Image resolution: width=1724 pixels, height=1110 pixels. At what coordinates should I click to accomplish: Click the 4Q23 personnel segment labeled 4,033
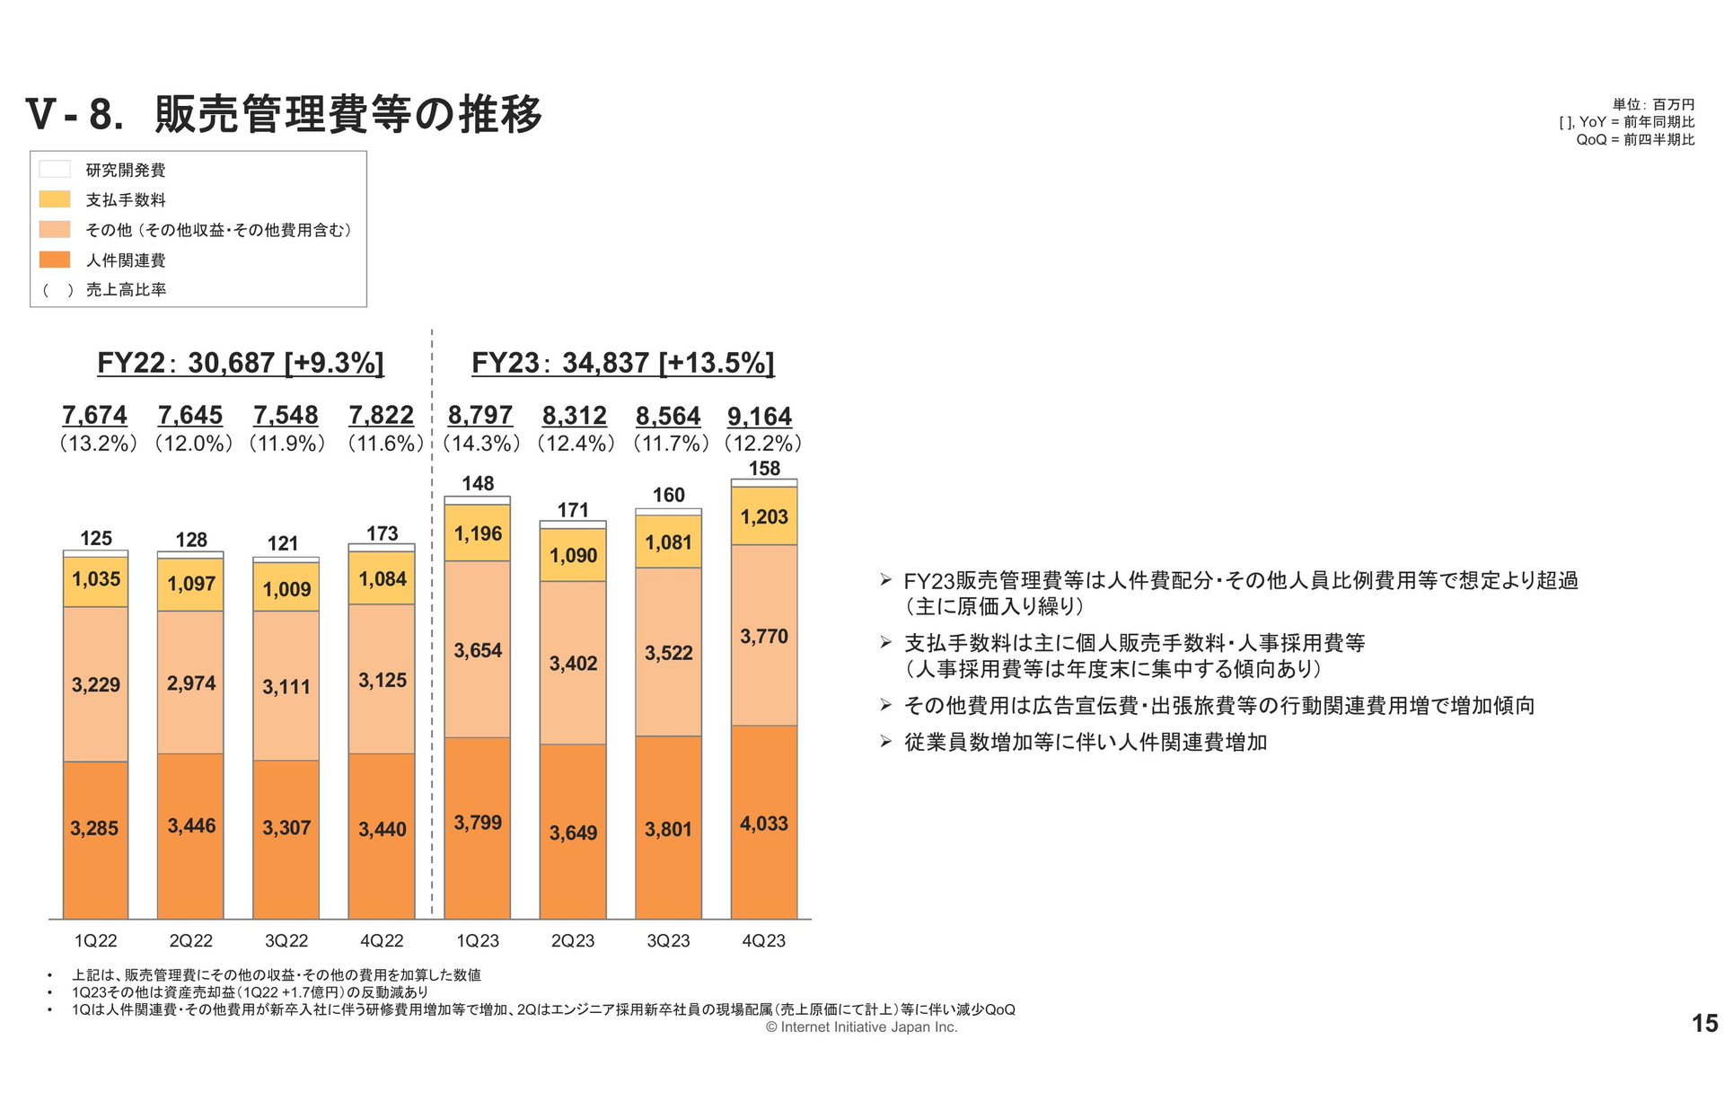(x=764, y=823)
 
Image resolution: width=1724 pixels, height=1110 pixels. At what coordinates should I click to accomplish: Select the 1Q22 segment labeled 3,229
(x=95, y=684)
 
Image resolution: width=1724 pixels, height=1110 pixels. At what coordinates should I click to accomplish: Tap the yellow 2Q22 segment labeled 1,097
(x=190, y=584)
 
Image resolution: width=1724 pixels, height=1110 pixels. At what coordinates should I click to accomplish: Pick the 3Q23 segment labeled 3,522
(x=668, y=653)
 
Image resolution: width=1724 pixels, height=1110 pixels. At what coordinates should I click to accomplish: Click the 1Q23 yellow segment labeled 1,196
(x=478, y=533)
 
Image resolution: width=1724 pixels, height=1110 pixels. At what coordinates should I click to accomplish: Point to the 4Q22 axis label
(x=382, y=940)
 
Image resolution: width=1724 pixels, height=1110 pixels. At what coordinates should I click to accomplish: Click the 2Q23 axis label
(x=573, y=940)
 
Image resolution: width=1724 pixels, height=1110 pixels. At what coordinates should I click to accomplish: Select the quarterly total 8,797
(x=479, y=416)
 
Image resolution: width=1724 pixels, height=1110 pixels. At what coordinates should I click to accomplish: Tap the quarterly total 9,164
(x=760, y=417)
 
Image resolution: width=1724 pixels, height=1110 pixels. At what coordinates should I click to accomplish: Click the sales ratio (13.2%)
(x=98, y=443)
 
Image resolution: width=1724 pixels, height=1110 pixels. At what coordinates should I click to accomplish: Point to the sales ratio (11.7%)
(x=670, y=443)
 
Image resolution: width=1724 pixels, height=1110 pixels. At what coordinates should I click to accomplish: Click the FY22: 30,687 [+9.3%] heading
(x=241, y=363)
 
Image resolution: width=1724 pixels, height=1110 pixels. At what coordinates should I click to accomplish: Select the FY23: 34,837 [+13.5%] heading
(x=622, y=363)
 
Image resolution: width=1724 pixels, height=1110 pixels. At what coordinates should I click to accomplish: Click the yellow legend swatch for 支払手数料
(x=55, y=199)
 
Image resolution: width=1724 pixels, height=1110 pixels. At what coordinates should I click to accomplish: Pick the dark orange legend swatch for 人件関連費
(x=55, y=260)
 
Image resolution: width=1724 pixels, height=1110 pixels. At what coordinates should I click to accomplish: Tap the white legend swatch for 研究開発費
(x=55, y=169)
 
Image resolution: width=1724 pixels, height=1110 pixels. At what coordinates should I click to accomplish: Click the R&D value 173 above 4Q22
(x=382, y=533)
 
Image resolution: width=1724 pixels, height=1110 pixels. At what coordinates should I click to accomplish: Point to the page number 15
(x=1703, y=1023)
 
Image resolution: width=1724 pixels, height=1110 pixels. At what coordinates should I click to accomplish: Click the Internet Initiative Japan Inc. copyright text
(x=862, y=1027)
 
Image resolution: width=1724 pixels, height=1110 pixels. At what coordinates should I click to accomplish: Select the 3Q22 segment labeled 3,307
(x=286, y=827)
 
